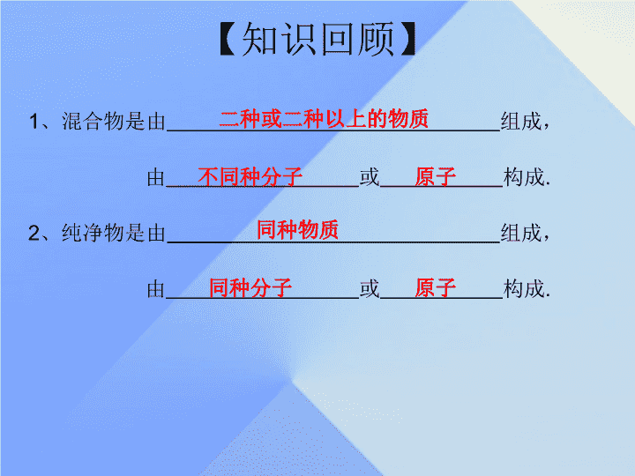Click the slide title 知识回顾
coord(317,39)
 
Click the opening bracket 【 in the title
coord(228,39)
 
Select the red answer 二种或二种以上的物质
coord(324,119)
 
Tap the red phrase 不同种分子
coord(250,176)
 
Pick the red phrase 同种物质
coord(298,230)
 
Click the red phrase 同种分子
coord(250,287)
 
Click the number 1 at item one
coord(34,122)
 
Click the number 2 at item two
coord(34,233)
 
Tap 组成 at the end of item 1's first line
coord(521,121)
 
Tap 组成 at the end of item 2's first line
coord(521,233)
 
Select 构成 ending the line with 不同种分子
coord(524,177)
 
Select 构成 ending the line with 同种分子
coord(524,288)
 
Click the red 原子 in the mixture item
coord(436,176)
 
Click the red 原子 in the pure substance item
coord(436,287)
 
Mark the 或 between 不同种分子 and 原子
coord(370,177)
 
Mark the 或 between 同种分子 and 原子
coord(370,288)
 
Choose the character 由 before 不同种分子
coord(156,177)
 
